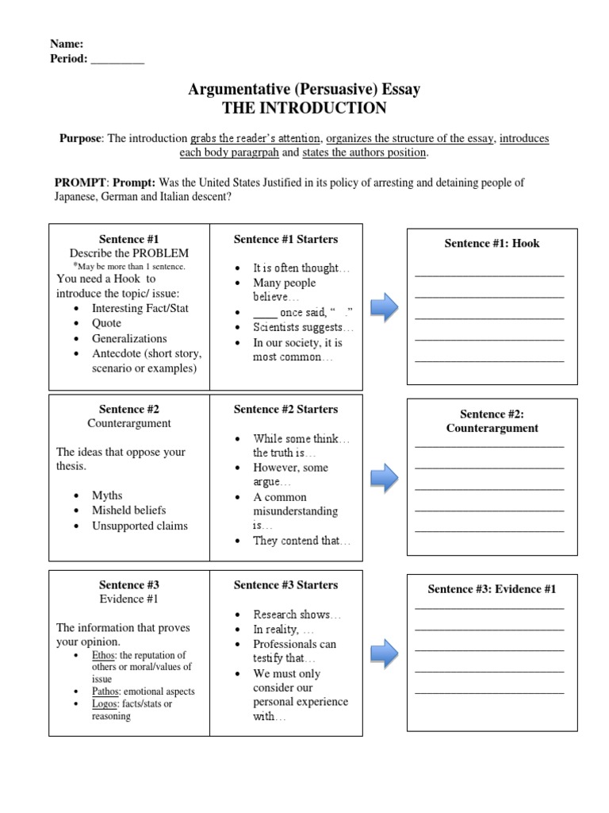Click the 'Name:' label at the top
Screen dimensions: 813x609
(x=67, y=44)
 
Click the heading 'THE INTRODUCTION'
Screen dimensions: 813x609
(x=304, y=108)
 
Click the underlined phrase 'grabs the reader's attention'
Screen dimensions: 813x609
(x=256, y=138)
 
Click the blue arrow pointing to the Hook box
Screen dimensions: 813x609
(x=385, y=307)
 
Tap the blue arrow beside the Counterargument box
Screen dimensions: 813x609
(x=385, y=477)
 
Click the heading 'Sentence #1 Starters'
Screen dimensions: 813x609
(x=285, y=239)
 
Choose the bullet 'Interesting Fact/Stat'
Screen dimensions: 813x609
(x=140, y=308)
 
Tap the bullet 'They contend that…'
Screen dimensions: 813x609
(x=301, y=541)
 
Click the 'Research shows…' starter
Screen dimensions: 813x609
(x=297, y=615)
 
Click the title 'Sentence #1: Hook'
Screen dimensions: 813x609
(x=492, y=243)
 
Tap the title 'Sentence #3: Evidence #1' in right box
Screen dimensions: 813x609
(x=492, y=589)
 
